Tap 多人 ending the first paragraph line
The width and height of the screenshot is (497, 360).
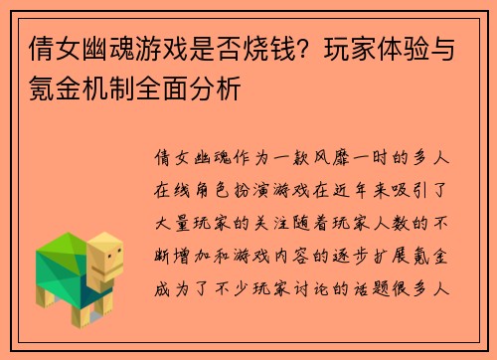point(436,158)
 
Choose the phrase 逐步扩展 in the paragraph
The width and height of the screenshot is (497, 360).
point(372,257)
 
